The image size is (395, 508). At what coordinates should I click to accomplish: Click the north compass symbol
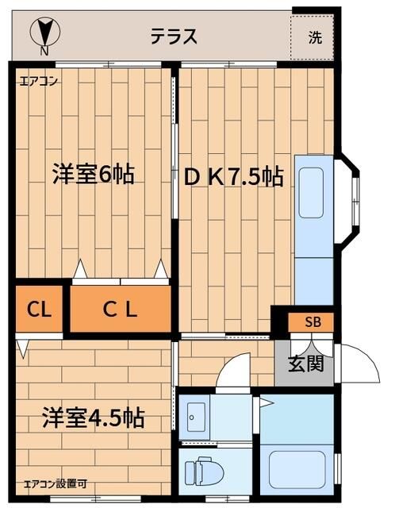pos(44,33)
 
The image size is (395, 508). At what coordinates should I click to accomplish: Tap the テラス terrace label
pos(174,37)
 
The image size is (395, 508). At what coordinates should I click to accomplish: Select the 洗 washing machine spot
pos(316,37)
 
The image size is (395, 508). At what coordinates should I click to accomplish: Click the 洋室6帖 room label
pos(93,174)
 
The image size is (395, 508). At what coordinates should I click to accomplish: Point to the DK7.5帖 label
pos(234,177)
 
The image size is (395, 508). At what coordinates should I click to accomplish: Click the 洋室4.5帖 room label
pos(93,417)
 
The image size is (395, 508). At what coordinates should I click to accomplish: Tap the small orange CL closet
pos(39,310)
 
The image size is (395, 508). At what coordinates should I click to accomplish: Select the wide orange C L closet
pos(121,310)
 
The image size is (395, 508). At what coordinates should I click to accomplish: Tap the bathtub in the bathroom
pos(298,471)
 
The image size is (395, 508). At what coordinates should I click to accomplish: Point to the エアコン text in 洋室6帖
pos(38,80)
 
